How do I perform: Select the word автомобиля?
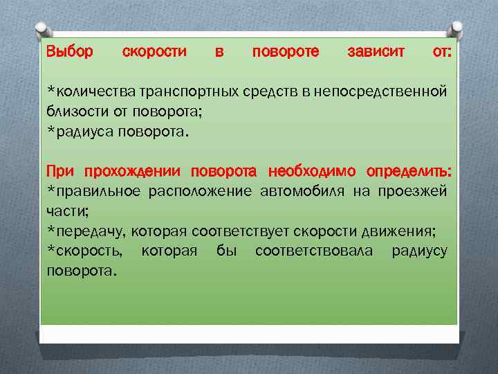(x=302, y=191)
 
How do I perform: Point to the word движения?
(x=400, y=231)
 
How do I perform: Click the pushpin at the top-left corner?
(x=42, y=29)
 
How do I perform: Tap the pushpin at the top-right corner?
(x=457, y=29)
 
